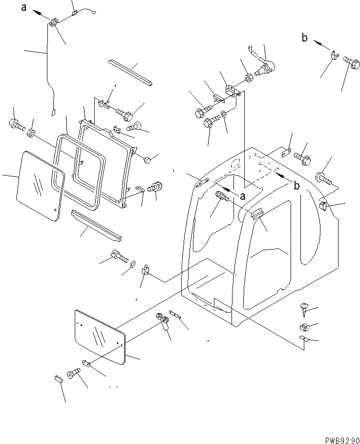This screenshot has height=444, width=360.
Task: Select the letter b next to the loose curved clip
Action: pos(304,38)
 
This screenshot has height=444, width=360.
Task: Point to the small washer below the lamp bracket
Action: pos(223,115)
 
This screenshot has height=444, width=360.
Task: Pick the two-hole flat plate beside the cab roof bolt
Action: pos(286,153)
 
